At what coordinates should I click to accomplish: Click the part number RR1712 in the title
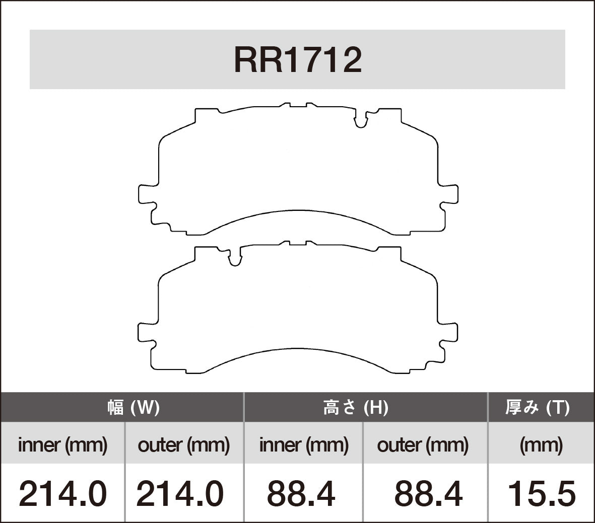[x=298, y=60]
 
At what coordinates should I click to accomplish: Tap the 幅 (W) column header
[x=134, y=407]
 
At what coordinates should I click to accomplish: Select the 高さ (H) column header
[x=355, y=407]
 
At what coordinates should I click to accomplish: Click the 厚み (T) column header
[x=537, y=407]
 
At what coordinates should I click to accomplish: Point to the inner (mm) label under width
[x=62, y=445]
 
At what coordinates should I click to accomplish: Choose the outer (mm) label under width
[x=184, y=445]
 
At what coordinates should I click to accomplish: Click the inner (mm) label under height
[x=303, y=445]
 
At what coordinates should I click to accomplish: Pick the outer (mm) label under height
[x=423, y=445]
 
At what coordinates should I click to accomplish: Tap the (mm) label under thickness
[x=541, y=445]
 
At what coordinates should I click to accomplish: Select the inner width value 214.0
[x=62, y=493]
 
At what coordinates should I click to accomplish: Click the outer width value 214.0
[x=180, y=493]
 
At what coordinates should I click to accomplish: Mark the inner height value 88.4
[x=301, y=493]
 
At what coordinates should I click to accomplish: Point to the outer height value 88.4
[x=428, y=493]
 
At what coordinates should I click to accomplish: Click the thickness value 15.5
[x=541, y=493]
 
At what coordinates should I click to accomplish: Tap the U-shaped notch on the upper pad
[x=360, y=121]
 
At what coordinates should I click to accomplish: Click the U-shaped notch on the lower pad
[x=235, y=259]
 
